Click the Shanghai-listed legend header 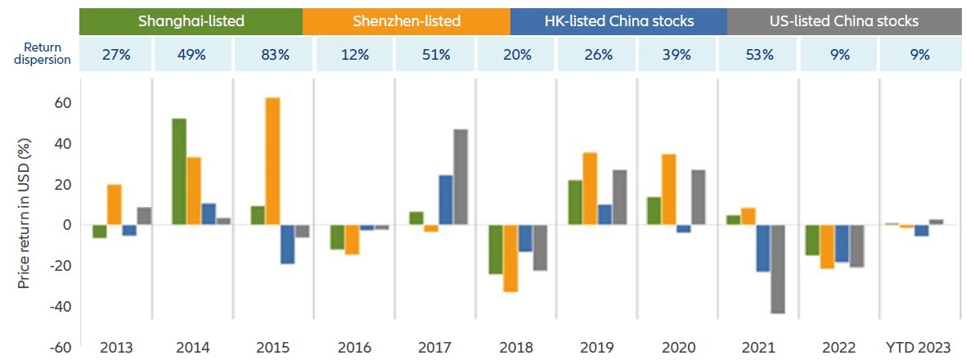(x=191, y=20)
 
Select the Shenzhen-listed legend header (x=406, y=20)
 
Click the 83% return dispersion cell (x=274, y=56)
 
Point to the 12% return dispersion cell (x=354, y=56)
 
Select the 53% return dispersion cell (x=757, y=56)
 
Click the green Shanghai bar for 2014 (x=179, y=172)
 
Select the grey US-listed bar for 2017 (x=461, y=177)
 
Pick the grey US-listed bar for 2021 (x=777, y=269)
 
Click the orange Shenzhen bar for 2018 (x=510, y=258)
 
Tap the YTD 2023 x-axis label (x=919, y=347)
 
